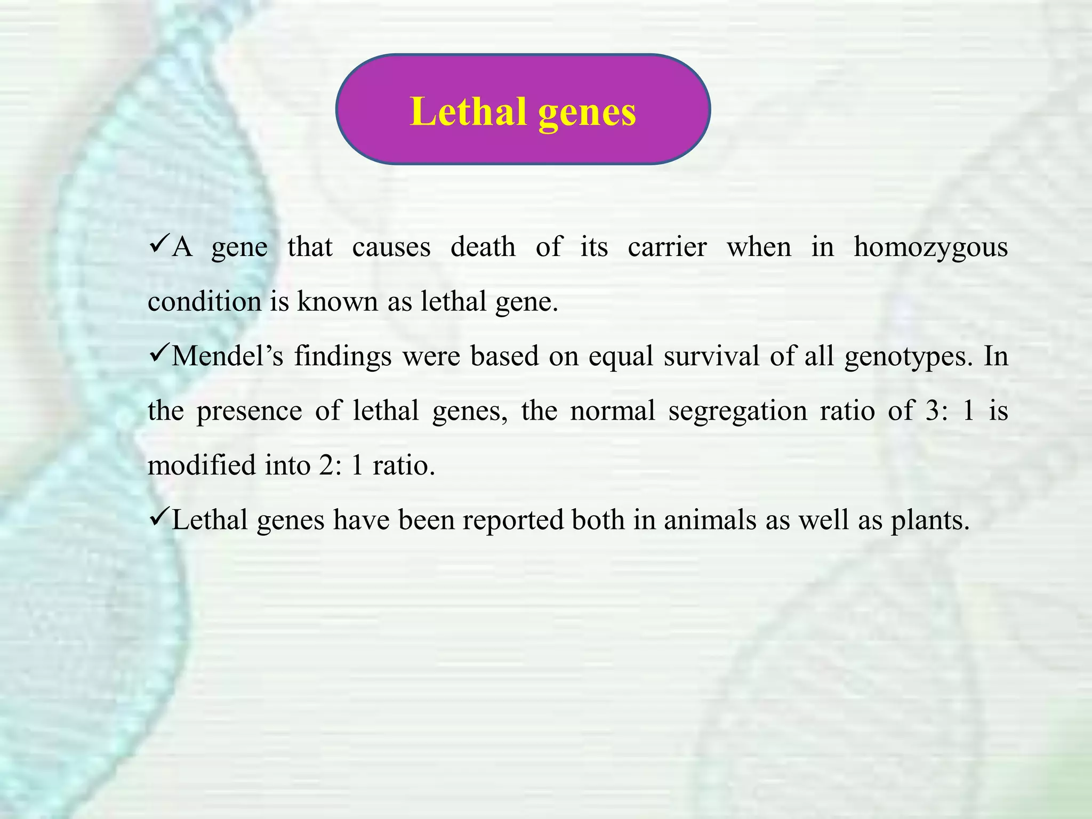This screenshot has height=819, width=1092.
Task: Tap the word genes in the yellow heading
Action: tap(587, 113)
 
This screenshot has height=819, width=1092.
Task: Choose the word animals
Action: tap(710, 520)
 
